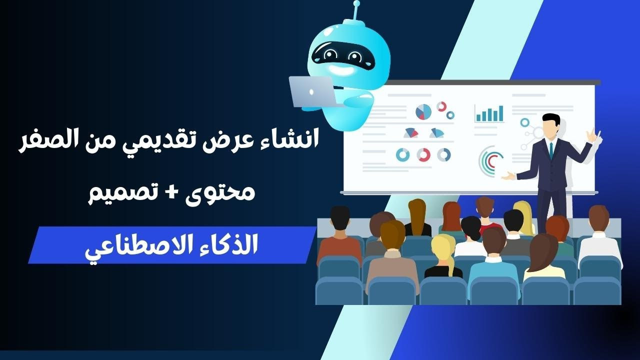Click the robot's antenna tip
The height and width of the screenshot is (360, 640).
pyautogui.click(x=356, y=3)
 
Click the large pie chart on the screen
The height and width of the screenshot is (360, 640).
pyautogui.click(x=423, y=111)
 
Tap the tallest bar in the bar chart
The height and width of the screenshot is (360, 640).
pyautogui.click(x=500, y=113)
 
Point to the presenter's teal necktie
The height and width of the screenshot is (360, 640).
pyautogui.click(x=550, y=150)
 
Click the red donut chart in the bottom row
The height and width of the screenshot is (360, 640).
pyautogui.click(x=423, y=155)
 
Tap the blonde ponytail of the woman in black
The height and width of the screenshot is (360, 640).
pyautogui.click(x=451, y=265)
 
